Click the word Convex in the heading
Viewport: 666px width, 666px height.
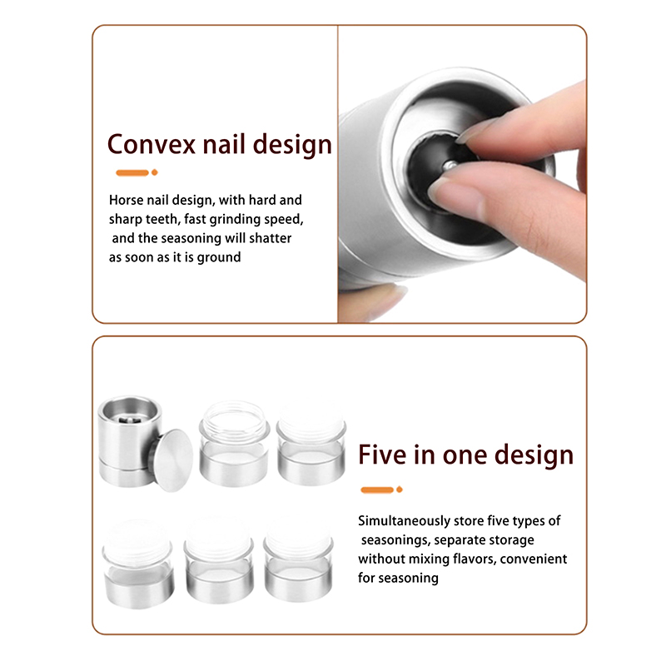point(152,144)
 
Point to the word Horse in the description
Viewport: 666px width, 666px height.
point(126,200)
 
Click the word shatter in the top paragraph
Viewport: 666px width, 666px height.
point(270,238)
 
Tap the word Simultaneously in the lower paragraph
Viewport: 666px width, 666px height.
point(404,521)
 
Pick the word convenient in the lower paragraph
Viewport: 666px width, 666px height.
point(534,559)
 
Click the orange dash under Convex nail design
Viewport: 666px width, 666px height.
point(132,172)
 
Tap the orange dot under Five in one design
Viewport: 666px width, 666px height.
point(400,490)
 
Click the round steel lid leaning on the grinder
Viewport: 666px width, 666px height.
point(172,460)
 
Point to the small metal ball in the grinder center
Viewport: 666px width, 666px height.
point(450,165)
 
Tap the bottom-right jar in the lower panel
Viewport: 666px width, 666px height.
point(298,559)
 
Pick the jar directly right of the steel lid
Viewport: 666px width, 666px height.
point(234,444)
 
